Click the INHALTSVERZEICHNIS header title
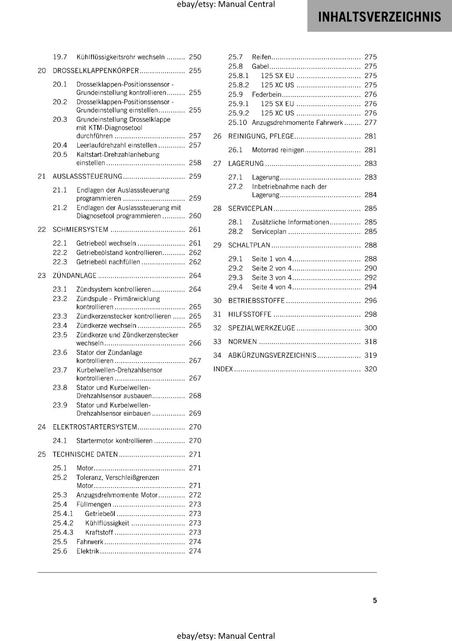(x=379, y=16)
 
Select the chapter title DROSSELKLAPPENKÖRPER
(x=96, y=71)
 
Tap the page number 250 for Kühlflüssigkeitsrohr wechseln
(x=195, y=57)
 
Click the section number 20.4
(x=60, y=145)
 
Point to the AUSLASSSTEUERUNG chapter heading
(x=87, y=176)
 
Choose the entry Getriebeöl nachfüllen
(x=108, y=262)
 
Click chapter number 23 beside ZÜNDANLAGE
(x=42, y=276)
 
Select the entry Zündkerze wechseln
(x=106, y=326)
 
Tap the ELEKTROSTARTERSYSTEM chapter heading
(x=95, y=427)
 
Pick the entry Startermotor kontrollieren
(x=114, y=441)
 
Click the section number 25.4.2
(x=63, y=523)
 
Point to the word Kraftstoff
(x=99, y=532)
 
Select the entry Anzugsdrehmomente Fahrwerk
(x=297, y=123)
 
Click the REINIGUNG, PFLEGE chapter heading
(x=261, y=136)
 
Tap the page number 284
(x=370, y=195)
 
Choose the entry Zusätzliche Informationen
(x=290, y=222)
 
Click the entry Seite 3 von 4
(x=272, y=278)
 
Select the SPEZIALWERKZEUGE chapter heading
(x=262, y=328)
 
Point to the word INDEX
(x=223, y=369)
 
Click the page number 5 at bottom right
(x=375, y=600)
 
